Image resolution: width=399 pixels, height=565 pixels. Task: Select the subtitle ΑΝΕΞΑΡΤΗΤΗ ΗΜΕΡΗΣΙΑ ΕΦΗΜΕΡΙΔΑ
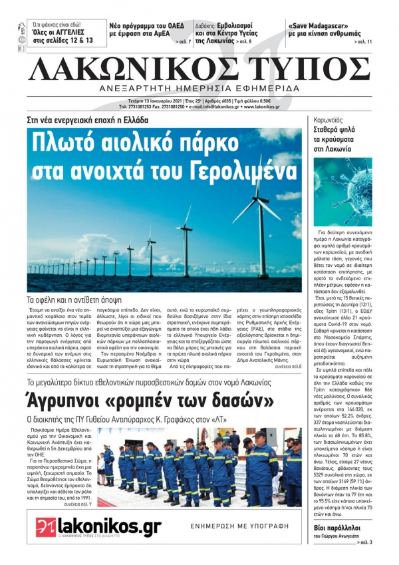pyautogui.click(x=198, y=90)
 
